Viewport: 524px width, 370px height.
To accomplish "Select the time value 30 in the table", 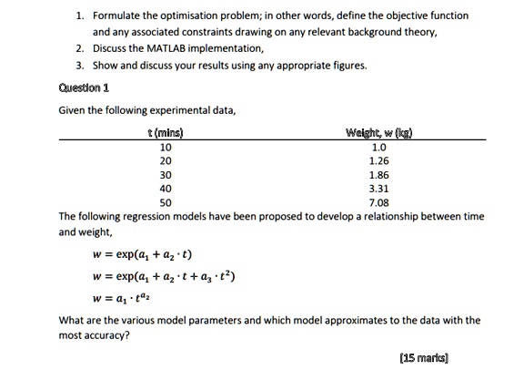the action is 165,173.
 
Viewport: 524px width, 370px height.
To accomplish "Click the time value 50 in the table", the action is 165,201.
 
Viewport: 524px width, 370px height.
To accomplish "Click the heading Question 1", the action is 84,87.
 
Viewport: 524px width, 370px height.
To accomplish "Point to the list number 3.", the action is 81,65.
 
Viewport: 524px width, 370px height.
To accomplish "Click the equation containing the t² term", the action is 164,276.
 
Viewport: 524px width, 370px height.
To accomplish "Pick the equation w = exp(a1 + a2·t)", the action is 141,254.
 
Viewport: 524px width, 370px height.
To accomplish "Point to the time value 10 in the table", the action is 165,145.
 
